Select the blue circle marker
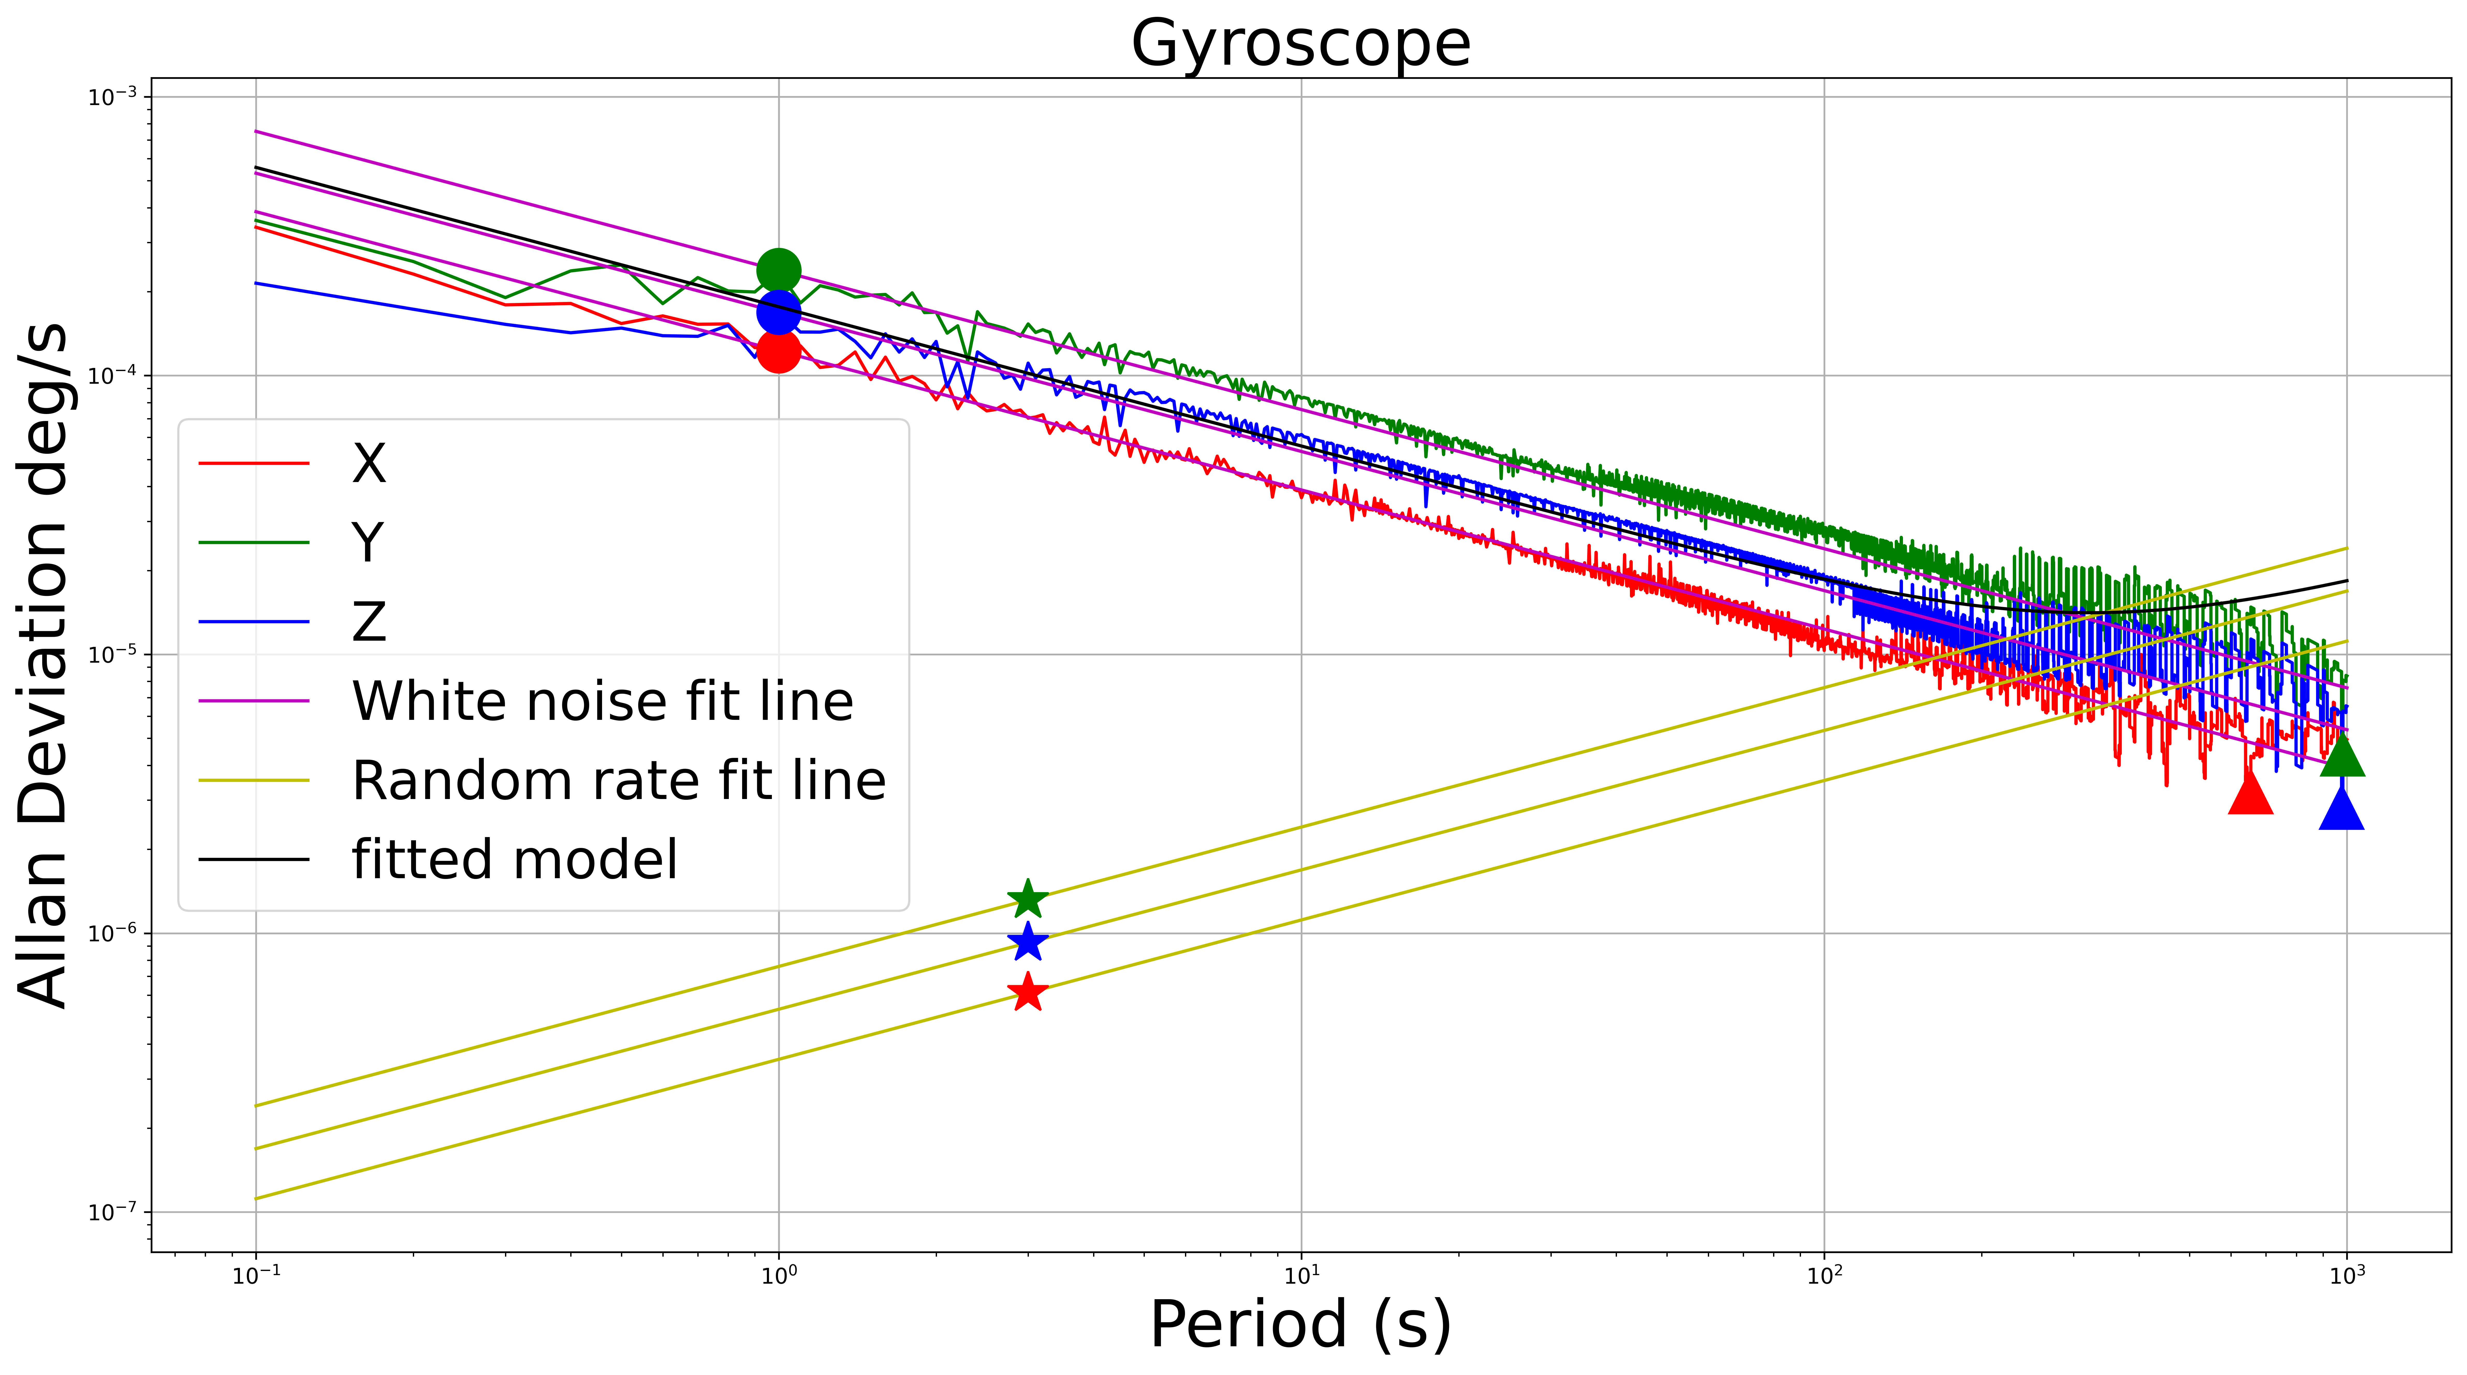point(779,312)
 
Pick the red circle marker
point(779,351)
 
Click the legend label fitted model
point(514,859)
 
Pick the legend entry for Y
point(368,542)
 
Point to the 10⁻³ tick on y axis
point(112,97)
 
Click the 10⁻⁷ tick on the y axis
point(112,1212)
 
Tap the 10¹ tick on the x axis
point(1300,1275)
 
